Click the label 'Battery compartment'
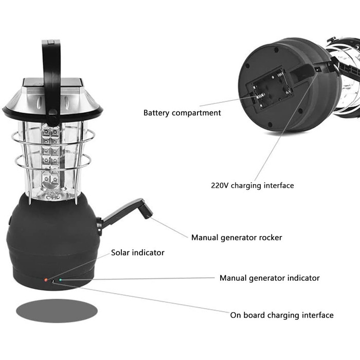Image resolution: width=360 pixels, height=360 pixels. click(182, 113)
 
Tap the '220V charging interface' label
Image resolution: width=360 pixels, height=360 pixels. click(253, 186)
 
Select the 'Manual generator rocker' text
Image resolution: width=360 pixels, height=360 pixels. click(237, 238)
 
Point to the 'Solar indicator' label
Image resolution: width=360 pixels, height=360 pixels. click(138, 253)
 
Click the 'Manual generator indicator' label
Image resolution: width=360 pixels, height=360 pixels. click(269, 278)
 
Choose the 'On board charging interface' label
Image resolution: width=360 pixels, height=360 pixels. click(282, 315)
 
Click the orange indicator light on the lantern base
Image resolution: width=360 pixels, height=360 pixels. click(46, 280)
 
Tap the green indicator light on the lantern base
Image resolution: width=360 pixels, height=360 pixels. click(60, 280)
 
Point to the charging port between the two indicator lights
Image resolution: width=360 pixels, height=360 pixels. click(53, 281)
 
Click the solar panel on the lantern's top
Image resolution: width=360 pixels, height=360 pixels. click(52, 82)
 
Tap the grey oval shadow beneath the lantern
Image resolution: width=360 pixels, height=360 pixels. click(57, 311)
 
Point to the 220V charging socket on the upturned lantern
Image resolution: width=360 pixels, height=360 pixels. click(318, 69)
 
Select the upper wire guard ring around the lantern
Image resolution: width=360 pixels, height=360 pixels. click(53, 137)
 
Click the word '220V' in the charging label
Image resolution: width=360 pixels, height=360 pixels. click(220, 186)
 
